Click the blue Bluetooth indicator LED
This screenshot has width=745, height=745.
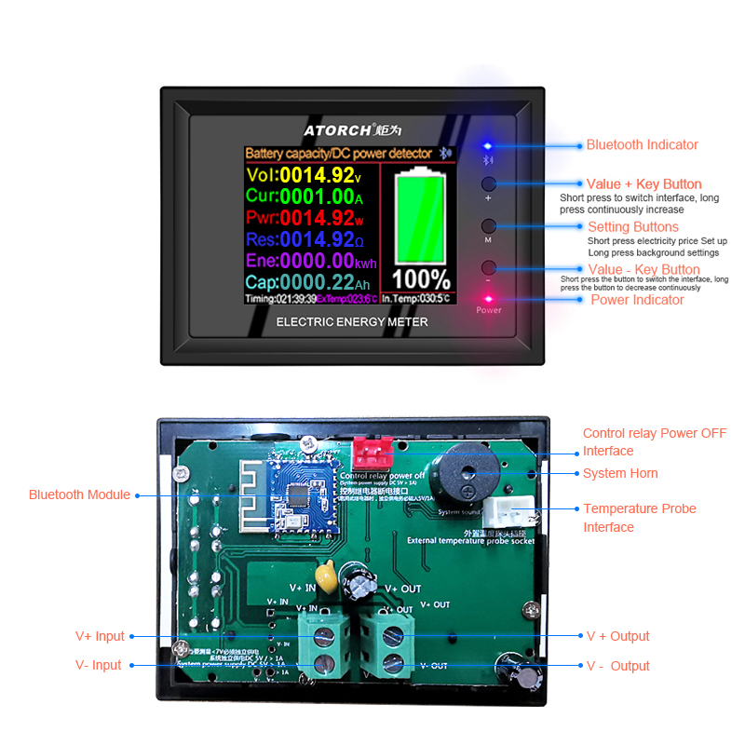pyautogui.click(x=486, y=146)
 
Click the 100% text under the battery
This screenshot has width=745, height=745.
pyautogui.click(x=420, y=279)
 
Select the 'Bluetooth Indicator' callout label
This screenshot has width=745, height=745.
pyautogui.click(x=642, y=145)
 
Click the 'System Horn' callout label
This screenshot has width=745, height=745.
pyautogui.click(x=620, y=473)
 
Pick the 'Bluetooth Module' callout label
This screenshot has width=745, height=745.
pyautogui.click(x=79, y=494)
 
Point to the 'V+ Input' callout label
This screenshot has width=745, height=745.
pyautogui.click(x=100, y=636)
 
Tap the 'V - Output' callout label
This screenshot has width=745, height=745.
pyautogui.click(x=617, y=666)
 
